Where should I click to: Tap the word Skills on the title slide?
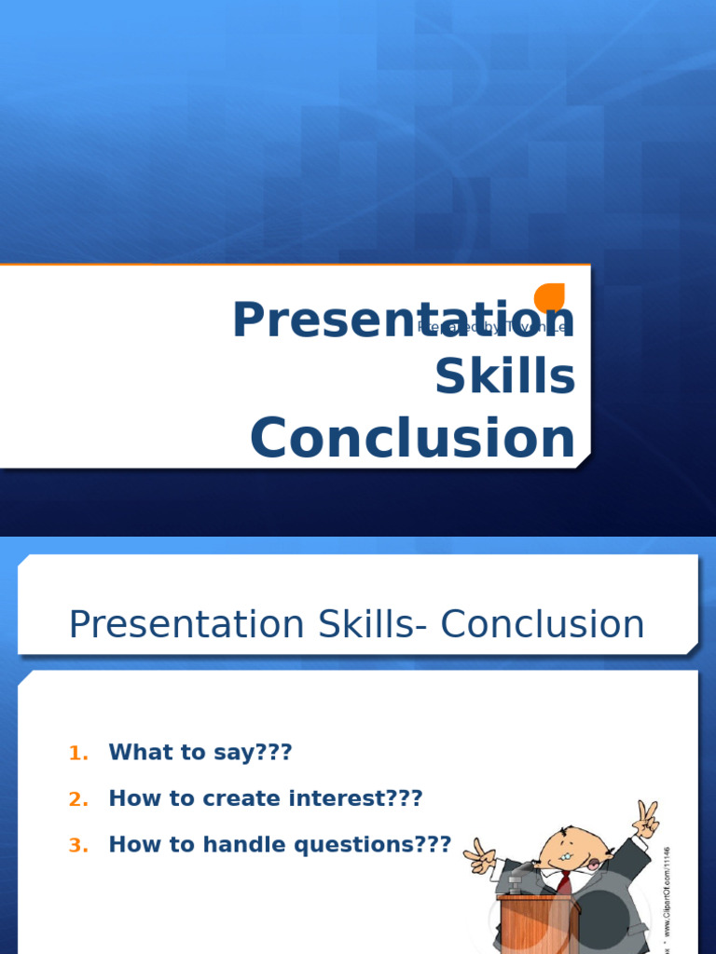pos(504,377)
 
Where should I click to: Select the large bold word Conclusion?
pos(412,438)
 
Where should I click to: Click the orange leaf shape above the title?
pos(550,297)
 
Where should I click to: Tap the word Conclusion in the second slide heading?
pos(543,624)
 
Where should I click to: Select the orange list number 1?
pos(78,754)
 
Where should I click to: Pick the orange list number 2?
pos(78,799)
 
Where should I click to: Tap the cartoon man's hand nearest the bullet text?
pos(480,855)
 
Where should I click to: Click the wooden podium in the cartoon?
pos(527,927)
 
